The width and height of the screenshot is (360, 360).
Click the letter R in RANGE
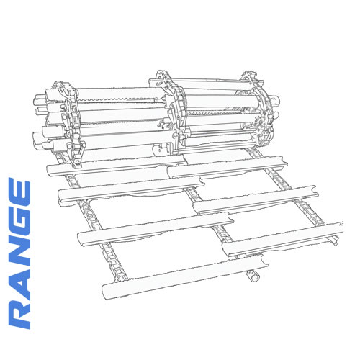point(18,310)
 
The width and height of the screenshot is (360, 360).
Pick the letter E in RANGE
point(18,193)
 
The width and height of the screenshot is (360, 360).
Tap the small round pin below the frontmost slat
point(253,274)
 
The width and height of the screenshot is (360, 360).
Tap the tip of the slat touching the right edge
point(338,239)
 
